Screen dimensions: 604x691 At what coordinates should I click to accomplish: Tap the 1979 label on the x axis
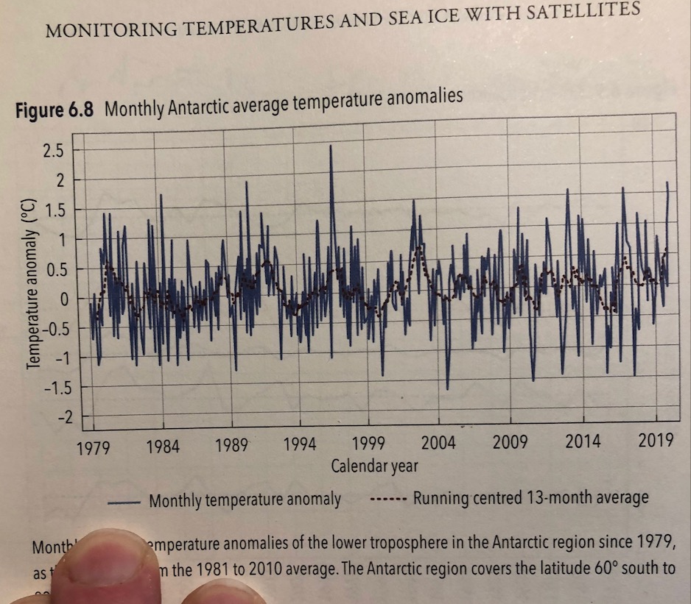point(94,447)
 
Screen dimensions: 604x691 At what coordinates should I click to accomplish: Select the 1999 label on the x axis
point(371,443)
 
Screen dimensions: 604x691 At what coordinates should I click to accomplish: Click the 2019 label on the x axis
point(656,440)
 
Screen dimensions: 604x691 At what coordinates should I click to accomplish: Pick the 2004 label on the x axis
point(438,442)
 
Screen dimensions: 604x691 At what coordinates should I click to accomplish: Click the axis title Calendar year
point(374,466)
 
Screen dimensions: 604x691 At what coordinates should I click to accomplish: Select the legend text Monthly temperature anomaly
point(245,501)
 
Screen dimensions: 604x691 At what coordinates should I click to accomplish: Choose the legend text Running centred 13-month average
point(530,498)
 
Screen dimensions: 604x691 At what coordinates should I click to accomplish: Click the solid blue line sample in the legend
point(123,502)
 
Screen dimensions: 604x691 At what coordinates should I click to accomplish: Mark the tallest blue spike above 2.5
point(332,147)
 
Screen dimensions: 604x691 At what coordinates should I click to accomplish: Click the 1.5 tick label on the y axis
point(55,210)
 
